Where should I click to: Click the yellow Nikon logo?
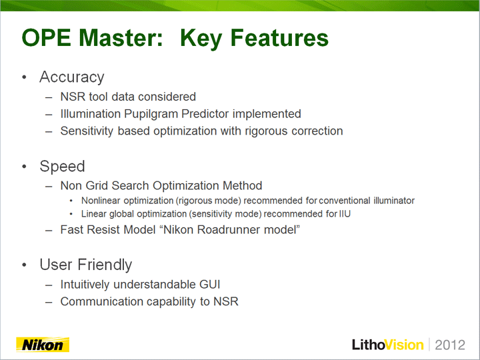click(x=43, y=345)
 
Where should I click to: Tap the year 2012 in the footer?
click(x=450, y=345)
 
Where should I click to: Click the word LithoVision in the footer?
click(x=387, y=345)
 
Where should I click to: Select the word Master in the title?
click(x=121, y=38)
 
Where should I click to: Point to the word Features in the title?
click(x=279, y=38)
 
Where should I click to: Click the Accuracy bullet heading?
click(x=72, y=77)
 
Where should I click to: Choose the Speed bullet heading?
click(x=62, y=167)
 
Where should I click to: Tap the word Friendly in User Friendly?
click(x=105, y=265)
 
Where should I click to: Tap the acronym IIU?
click(x=345, y=214)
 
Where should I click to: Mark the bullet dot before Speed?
click(x=24, y=167)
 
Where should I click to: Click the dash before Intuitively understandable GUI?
click(x=49, y=285)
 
